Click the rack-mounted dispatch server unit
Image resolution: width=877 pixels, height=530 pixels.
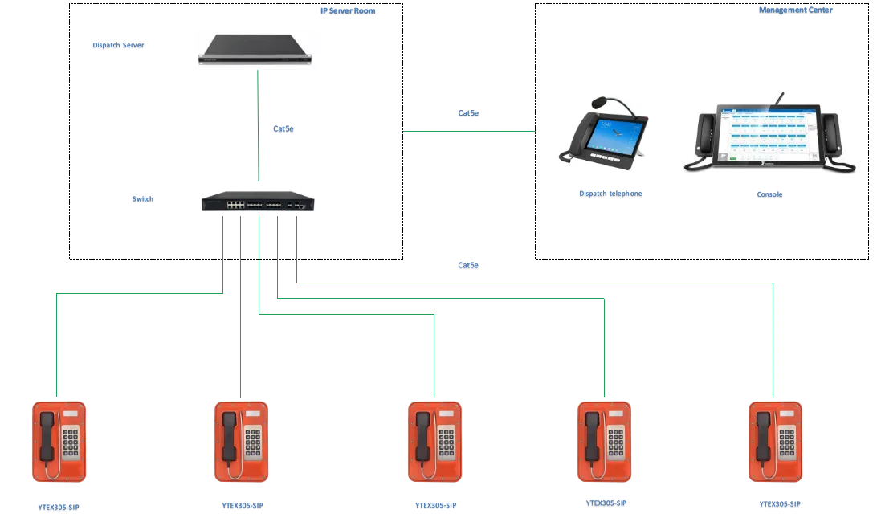[256, 48]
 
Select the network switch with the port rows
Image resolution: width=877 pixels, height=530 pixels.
[259, 199]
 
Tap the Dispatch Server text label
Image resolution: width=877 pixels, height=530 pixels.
[119, 46]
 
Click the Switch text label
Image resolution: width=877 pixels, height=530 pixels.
[142, 199]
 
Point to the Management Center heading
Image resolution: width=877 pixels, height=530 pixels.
[796, 12]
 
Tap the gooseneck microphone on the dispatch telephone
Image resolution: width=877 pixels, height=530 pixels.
[602, 103]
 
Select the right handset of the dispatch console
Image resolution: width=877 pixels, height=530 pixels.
[830, 139]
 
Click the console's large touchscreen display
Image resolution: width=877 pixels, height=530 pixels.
[769, 136]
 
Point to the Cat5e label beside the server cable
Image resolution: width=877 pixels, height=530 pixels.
[283, 129]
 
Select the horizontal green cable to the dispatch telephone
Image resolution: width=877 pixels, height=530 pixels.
[469, 132]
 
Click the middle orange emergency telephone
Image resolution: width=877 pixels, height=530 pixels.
[434, 442]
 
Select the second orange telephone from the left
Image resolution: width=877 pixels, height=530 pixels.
[241, 442]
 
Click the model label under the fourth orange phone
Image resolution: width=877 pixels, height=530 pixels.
[606, 503]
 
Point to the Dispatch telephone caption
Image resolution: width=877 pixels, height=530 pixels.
[610, 194]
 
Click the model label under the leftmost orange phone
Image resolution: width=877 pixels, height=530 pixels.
[60, 508]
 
